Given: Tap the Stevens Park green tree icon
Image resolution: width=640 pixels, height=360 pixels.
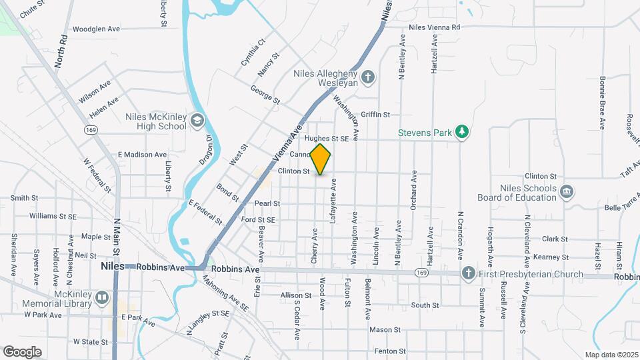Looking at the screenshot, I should click(461, 132).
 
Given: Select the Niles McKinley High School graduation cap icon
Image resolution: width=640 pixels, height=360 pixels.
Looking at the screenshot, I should click(197, 121).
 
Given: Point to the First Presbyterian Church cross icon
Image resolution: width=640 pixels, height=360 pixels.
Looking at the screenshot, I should click(469, 273).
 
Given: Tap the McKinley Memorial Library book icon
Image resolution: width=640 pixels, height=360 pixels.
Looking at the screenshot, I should click(102, 297).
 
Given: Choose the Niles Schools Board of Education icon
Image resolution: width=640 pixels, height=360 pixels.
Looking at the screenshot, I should click(567, 192).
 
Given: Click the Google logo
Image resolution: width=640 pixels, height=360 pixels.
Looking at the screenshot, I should click(22, 352).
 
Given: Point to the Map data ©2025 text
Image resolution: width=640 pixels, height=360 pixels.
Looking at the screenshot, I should click(612, 355).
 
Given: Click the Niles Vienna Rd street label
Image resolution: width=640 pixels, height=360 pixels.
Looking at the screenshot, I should click(435, 27).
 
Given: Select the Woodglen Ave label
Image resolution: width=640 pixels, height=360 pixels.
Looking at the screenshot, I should click(96, 29).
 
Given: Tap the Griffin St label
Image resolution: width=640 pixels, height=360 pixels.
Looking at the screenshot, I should click(375, 115).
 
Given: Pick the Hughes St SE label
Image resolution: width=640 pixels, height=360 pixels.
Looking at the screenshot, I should click(327, 139).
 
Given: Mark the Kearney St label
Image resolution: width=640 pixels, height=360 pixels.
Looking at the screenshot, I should click(555, 257).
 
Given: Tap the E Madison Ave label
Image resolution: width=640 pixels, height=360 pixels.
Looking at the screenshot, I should click(142, 155).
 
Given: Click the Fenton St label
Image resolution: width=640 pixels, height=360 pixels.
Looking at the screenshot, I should click(386, 351).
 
